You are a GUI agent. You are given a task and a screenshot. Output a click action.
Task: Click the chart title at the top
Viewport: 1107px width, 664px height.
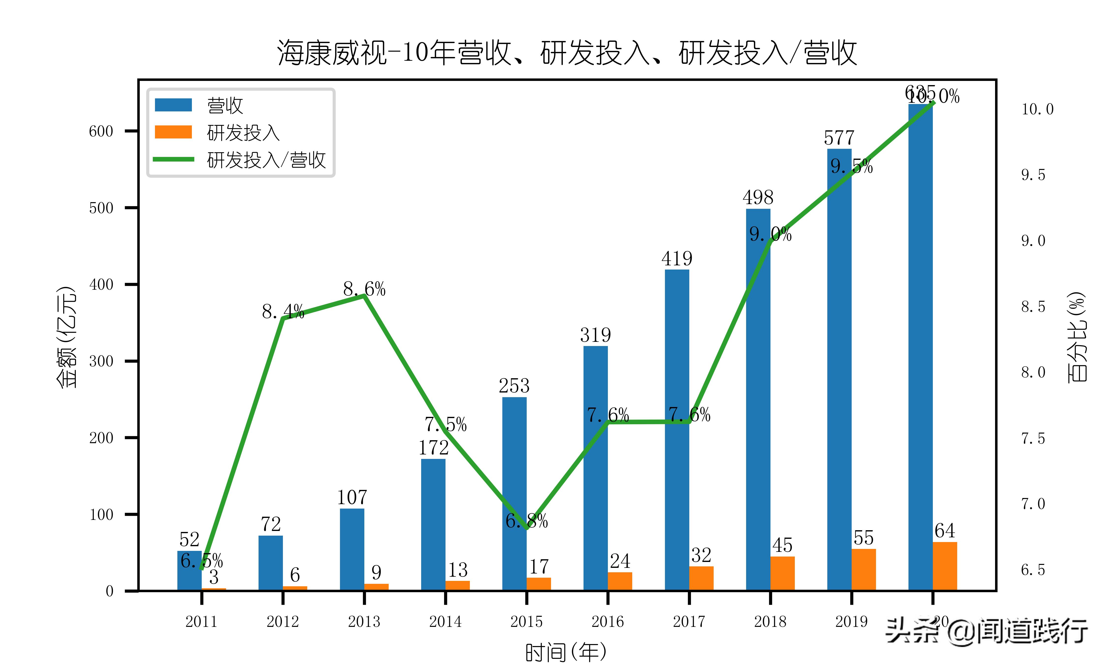567,53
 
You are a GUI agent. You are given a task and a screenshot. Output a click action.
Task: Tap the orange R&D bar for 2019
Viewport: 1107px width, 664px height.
864,569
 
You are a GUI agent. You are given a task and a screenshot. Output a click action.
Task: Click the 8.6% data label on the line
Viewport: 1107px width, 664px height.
364,289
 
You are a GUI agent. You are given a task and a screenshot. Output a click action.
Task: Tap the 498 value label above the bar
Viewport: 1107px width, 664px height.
758,197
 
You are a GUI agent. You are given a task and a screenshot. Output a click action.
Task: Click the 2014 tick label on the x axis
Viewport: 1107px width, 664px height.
445,621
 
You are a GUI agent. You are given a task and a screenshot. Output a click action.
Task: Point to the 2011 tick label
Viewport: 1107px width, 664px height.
201,621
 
